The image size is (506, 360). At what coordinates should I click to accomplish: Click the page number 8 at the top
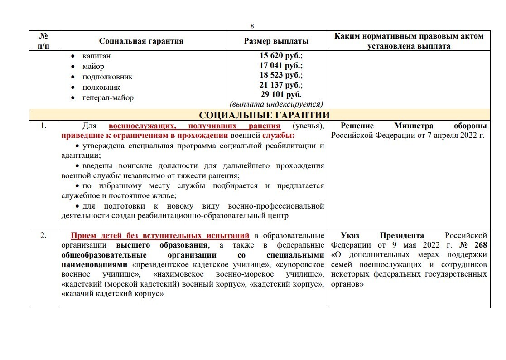click(252, 26)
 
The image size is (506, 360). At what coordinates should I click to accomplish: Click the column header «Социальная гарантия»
click(141, 41)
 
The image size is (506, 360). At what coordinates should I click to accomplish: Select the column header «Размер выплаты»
click(276, 41)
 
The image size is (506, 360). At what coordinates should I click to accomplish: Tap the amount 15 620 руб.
click(276, 56)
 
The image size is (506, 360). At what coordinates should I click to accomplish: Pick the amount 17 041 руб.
click(276, 66)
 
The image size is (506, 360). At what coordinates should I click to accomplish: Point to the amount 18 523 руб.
click(276, 75)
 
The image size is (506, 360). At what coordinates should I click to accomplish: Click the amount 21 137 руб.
click(276, 85)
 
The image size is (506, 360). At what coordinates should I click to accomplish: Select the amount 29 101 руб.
click(276, 94)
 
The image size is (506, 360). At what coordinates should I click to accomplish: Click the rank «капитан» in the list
click(96, 56)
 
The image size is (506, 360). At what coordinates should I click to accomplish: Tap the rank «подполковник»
click(107, 77)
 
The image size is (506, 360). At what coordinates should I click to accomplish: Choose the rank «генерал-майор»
click(108, 97)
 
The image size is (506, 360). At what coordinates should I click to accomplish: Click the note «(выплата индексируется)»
click(276, 103)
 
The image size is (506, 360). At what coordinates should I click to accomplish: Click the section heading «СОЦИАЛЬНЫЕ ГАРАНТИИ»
click(264, 115)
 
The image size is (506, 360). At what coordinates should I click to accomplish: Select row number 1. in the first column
click(43, 126)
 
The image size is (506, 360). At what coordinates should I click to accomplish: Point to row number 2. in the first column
click(43, 235)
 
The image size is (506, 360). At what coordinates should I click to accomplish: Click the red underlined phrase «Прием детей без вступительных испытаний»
click(160, 235)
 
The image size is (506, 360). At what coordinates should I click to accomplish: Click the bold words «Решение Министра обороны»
click(414, 126)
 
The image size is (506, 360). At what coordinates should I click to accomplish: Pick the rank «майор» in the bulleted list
click(93, 67)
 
